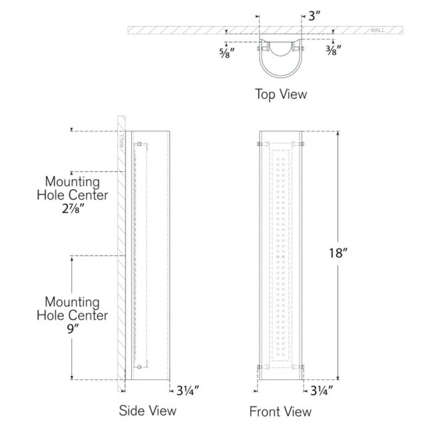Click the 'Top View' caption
(281, 95)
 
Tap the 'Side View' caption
(148, 410)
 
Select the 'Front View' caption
(280, 411)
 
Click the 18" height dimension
(338, 253)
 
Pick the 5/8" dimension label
(227, 53)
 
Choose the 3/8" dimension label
(333, 51)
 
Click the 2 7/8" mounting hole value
(73, 208)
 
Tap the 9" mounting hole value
(73, 329)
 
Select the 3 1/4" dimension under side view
(188, 391)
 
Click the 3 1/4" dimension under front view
(321, 391)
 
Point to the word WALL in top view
(377, 30)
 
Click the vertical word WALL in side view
(121, 140)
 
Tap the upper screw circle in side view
(139, 144)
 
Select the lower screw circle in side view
(139, 367)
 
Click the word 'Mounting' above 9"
(73, 302)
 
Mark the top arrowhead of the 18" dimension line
(338, 133)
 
